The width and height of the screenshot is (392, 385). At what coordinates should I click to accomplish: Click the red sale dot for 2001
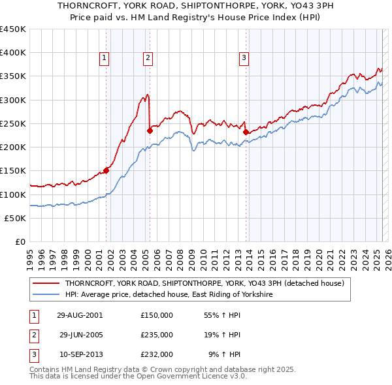click(x=106, y=171)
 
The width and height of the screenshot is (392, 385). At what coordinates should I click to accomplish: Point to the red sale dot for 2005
click(x=150, y=131)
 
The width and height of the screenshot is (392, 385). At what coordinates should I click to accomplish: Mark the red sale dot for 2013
click(x=246, y=132)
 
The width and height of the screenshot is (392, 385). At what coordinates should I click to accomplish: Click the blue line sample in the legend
click(x=46, y=294)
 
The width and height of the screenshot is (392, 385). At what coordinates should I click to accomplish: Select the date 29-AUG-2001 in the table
click(x=79, y=315)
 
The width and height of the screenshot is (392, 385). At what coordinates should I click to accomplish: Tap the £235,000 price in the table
click(x=157, y=335)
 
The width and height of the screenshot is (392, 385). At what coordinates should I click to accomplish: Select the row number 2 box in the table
click(x=33, y=335)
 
